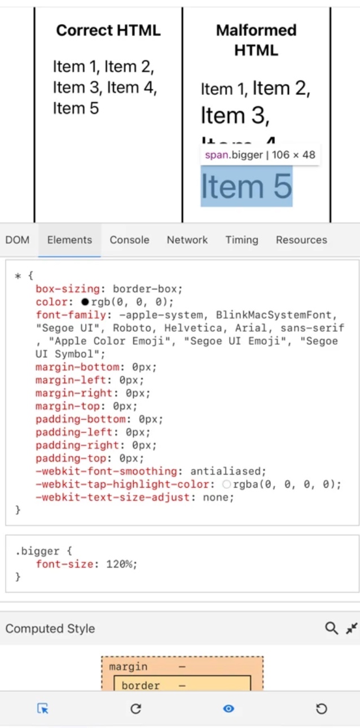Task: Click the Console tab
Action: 129,240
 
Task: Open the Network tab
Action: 187,240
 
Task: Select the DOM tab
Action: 17,240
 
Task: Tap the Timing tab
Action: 242,240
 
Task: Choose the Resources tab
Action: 301,240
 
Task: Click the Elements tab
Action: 69,240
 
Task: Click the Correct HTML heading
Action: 108,30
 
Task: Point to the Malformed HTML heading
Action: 256,40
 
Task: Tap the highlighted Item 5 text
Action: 247,186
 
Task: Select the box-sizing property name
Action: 68,289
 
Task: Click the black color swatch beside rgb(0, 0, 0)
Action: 85,302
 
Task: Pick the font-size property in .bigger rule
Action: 63,564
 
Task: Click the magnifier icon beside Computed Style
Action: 331,628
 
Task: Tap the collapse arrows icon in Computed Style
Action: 352,628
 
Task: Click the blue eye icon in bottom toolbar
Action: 229,708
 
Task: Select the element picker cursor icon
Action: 43,708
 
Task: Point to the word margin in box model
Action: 128,666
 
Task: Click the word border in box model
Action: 141,686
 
